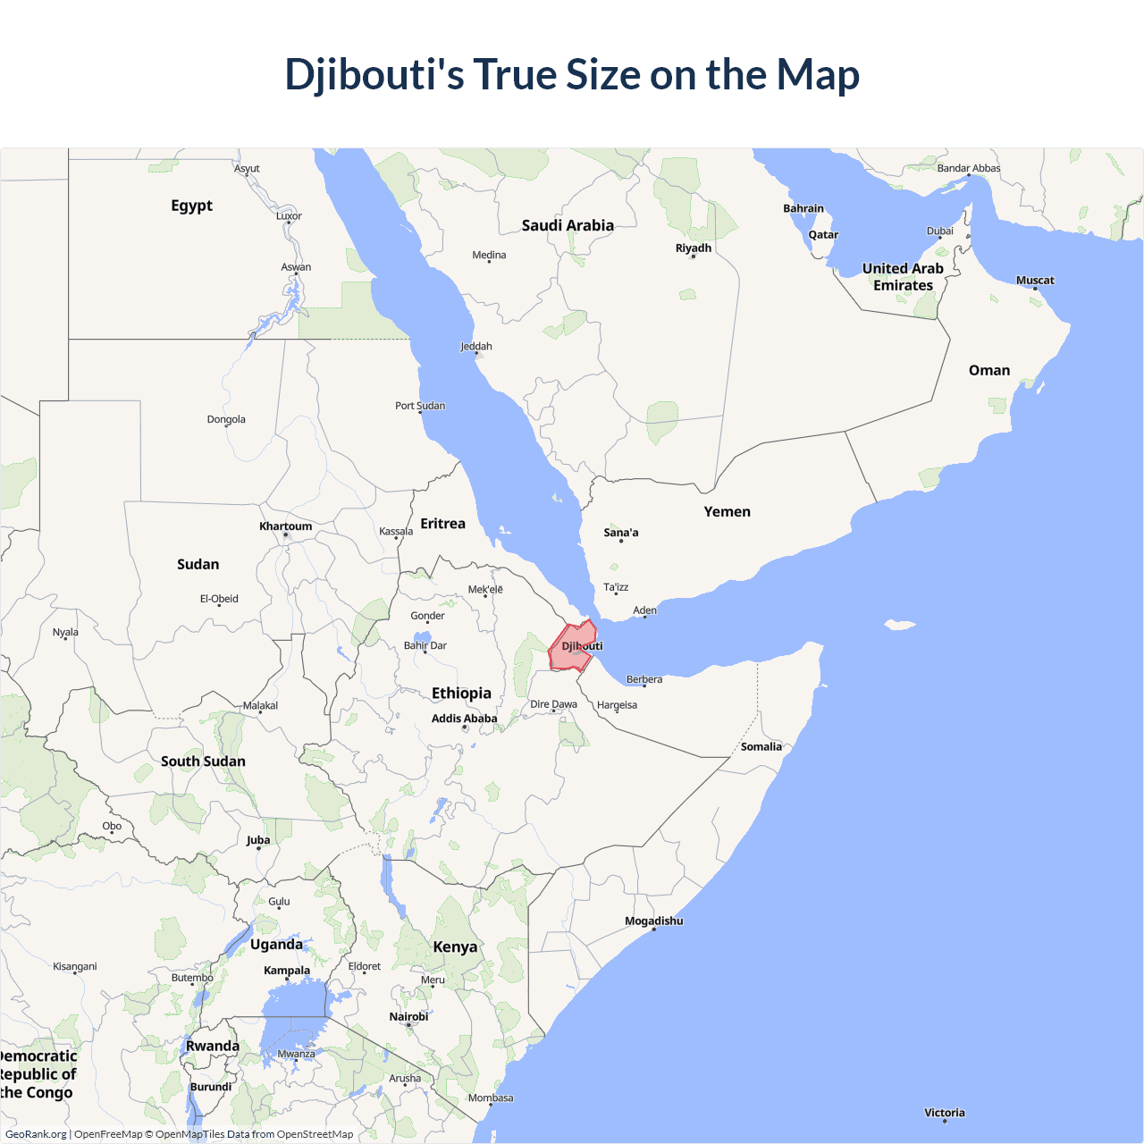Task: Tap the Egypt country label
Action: click(x=191, y=206)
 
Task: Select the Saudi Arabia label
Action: click(x=568, y=225)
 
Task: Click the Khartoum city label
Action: click(x=285, y=526)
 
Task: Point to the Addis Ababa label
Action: click(x=464, y=719)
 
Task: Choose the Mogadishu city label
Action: click(x=653, y=921)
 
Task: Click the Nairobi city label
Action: click(x=408, y=1017)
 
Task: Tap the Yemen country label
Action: click(x=727, y=512)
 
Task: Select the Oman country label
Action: click(x=989, y=370)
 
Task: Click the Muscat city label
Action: click(x=1035, y=281)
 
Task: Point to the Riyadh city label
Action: click(x=694, y=248)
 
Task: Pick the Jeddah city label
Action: click(x=476, y=347)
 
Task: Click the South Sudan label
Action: click(x=203, y=761)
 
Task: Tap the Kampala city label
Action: click(x=287, y=971)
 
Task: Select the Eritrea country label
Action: click(x=442, y=524)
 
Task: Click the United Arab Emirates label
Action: click(x=903, y=277)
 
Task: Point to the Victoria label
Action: click(x=945, y=1113)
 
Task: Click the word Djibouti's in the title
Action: click(x=374, y=74)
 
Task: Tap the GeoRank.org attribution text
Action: click(x=36, y=1134)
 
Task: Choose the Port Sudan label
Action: click(x=420, y=406)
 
